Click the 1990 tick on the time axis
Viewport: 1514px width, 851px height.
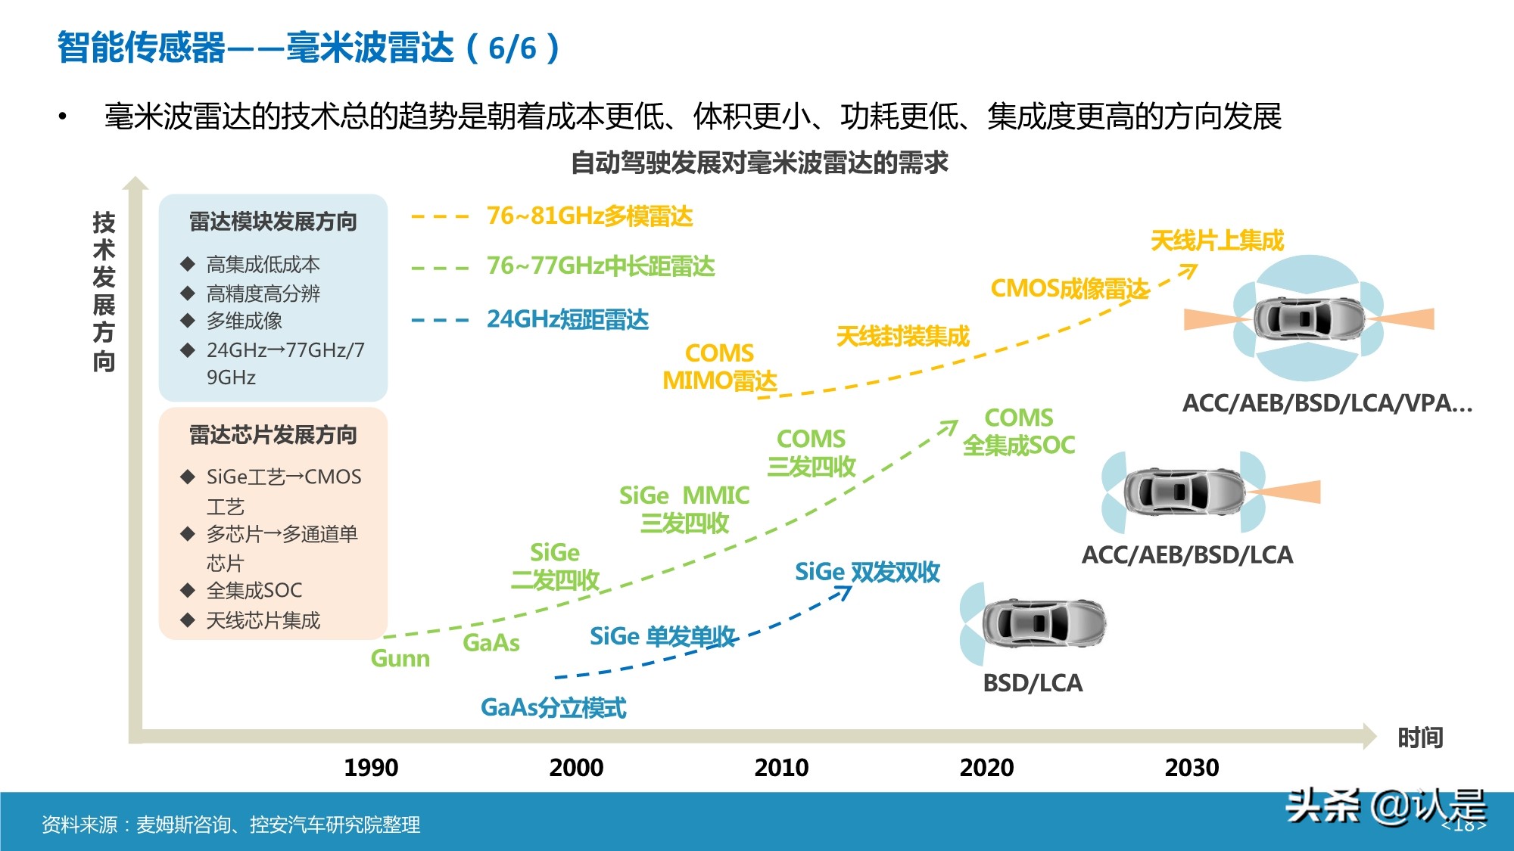(371, 768)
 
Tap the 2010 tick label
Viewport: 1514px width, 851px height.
(781, 768)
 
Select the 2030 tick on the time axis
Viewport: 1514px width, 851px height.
(1192, 768)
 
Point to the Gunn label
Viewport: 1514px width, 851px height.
(400, 659)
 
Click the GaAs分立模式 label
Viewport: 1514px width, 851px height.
(553, 708)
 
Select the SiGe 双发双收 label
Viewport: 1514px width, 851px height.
(868, 572)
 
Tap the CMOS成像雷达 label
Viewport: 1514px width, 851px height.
(1070, 289)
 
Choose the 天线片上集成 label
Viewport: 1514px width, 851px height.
(1217, 241)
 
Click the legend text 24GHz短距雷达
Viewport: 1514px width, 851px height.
(568, 319)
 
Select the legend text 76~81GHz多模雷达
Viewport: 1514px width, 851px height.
(590, 216)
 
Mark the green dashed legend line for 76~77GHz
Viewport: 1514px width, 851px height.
(440, 268)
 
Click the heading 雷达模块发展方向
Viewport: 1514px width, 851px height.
(273, 222)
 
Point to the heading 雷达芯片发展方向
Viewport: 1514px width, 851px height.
(273, 435)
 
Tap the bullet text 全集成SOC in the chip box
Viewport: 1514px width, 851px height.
(254, 590)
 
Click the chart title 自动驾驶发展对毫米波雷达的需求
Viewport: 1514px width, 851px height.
(759, 163)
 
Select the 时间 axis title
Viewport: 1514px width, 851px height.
(1420, 738)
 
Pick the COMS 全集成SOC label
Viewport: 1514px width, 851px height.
(1019, 431)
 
